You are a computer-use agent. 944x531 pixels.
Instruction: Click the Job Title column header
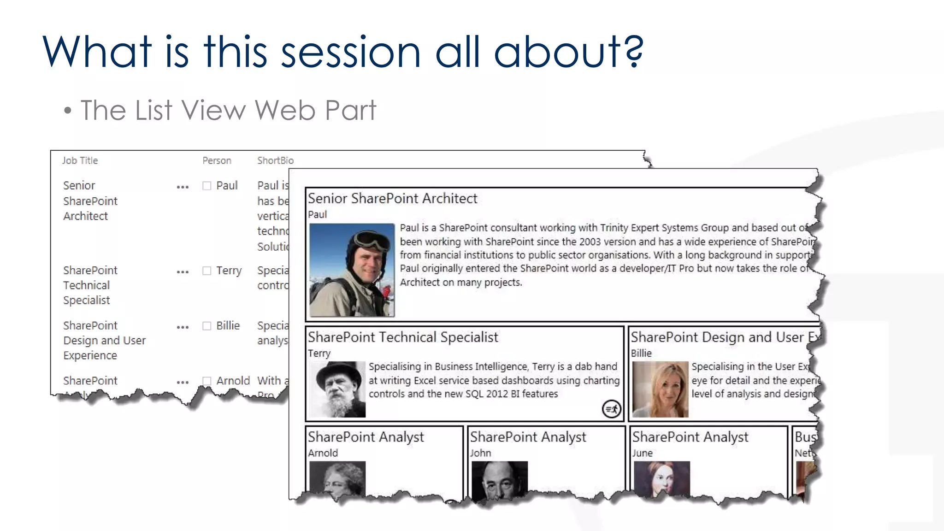pos(80,160)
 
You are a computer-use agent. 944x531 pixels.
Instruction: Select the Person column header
pos(217,160)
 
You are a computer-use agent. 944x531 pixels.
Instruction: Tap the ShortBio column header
pos(275,160)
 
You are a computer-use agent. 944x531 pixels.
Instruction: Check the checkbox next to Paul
pos(207,186)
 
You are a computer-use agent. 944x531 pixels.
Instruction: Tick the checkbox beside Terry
pos(207,271)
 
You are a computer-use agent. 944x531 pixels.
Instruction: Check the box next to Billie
pos(207,326)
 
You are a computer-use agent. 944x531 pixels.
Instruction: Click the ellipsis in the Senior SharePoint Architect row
pos(183,187)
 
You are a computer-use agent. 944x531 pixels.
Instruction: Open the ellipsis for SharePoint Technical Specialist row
pos(183,272)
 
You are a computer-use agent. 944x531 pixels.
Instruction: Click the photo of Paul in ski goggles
pos(352,270)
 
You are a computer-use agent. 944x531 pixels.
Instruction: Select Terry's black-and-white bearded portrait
pos(338,389)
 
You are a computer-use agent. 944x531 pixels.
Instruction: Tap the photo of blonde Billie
pos(660,389)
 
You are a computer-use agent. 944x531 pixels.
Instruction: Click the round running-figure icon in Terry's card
pos(612,409)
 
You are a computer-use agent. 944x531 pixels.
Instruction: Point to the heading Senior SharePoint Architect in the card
pos(392,199)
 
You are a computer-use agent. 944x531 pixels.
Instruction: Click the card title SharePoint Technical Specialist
pos(403,337)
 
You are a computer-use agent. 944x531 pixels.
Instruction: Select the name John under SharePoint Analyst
pos(480,453)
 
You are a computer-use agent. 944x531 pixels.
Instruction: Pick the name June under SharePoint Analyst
pos(642,453)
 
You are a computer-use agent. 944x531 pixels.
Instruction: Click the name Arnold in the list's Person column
pos(233,381)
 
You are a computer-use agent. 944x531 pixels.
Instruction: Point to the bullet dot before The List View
pos(68,111)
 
